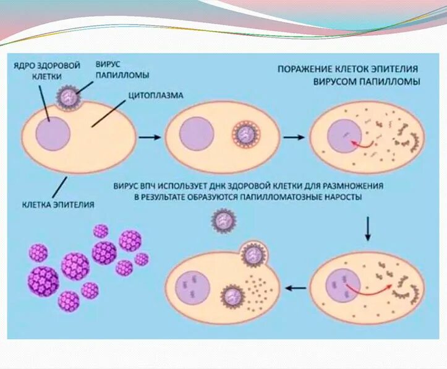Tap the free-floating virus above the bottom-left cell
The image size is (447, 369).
click(x=221, y=222)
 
